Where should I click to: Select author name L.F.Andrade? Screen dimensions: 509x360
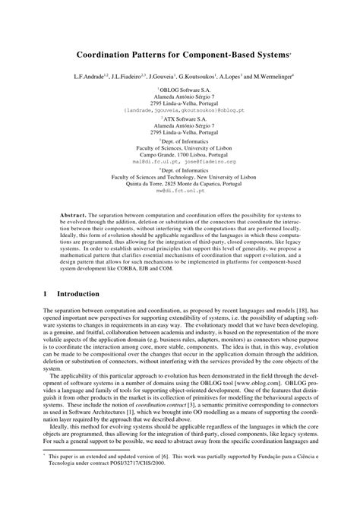(x=90, y=77)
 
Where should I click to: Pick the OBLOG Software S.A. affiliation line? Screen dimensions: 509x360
(x=181, y=89)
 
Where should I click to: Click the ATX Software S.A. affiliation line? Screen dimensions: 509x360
(x=181, y=119)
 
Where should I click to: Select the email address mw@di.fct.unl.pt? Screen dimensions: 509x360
(x=180, y=190)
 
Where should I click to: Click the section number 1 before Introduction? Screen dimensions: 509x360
(x=46, y=293)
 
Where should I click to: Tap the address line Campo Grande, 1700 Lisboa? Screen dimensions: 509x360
(x=180, y=154)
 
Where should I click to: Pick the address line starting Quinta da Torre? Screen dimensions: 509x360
(x=180, y=183)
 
